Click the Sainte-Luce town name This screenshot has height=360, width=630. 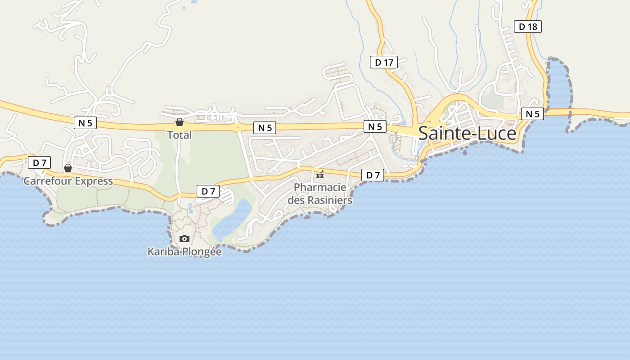[x=467, y=134]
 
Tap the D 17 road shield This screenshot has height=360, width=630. [x=384, y=62]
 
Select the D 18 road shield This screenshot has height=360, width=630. [x=527, y=27]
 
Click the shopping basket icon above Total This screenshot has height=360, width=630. [x=180, y=122]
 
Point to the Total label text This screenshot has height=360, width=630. [x=180, y=135]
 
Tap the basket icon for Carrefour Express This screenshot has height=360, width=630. [x=68, y=168]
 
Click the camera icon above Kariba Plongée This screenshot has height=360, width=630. [x=184, y=238]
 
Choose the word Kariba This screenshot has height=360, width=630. [x=163, y=252]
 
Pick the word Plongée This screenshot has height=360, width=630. [x=201, y=252]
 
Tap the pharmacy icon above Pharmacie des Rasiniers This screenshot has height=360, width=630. [x=320, y=175]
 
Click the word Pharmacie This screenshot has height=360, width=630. [x=320, y=187]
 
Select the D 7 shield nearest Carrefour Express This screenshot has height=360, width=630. [x=39, y=162]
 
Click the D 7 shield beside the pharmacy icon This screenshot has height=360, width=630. [x=373, y=175]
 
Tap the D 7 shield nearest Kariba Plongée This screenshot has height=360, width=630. [x=208, y=191]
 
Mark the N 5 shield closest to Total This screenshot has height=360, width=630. [x=265, y=128]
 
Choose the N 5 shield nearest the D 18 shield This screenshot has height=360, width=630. [x=532, y=114]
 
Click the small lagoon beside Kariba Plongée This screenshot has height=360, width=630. [x=232, y=220]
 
